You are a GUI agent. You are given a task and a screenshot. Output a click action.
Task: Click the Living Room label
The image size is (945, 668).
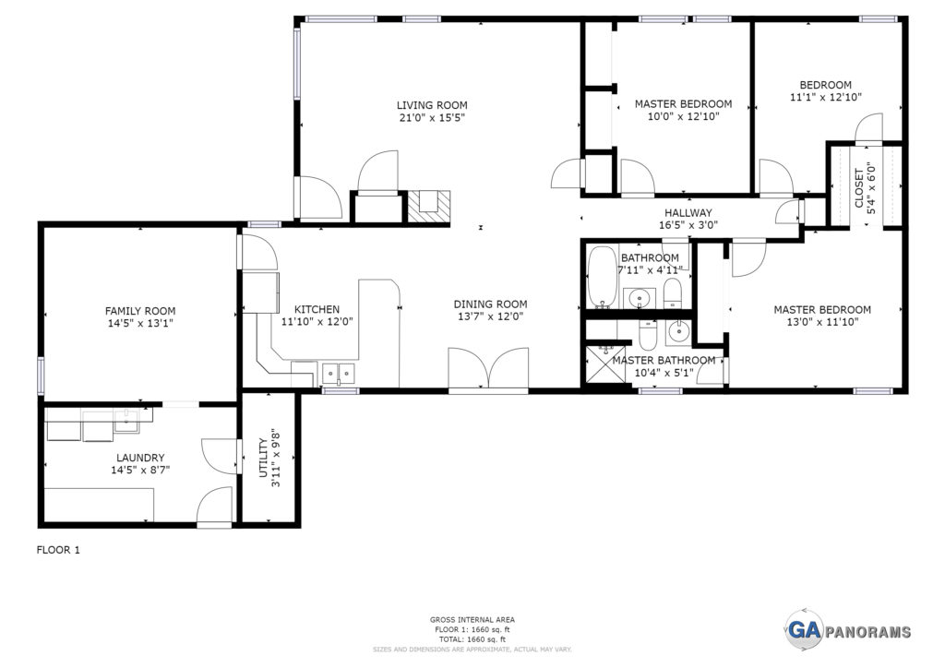(x=432, y=105)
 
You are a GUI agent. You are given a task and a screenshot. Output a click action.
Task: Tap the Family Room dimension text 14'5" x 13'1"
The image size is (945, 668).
(x=140, y=324)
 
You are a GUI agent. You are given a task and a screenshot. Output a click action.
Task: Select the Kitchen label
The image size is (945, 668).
(x=317, y=310)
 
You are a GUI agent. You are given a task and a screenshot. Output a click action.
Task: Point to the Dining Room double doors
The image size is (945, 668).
(x=488, y=368)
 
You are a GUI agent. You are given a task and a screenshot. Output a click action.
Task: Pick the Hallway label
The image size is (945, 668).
(x=688, y=212)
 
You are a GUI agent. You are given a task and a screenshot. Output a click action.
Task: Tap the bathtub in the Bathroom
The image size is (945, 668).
(x=602, y=276)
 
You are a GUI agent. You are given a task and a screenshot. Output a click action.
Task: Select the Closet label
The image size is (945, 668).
(x=859, y=188)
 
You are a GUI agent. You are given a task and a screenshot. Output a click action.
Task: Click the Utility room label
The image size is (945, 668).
(x=263, y=459)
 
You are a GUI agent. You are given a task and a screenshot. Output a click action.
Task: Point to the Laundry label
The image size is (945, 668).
(x=140, y=458)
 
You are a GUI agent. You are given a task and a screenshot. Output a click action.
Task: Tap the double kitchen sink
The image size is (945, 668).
(x=339, y=374)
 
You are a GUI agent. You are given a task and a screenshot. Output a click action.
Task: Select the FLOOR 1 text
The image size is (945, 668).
(x=58, y=550)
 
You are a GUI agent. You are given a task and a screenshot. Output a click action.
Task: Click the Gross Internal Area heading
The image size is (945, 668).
(x=472, y=619)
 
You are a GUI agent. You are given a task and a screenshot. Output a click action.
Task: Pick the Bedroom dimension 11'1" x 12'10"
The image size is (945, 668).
(x=826, y=96)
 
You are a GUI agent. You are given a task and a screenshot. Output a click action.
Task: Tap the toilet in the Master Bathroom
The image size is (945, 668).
(x=647, y=336)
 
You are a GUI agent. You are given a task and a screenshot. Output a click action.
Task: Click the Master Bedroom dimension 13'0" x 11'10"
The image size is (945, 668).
(x=822, y=322)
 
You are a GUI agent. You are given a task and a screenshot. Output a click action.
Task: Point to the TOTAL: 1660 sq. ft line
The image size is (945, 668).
(x=472, y=639)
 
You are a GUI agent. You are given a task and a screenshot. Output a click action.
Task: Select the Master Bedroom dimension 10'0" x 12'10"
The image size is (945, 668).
(x=684, y=116)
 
